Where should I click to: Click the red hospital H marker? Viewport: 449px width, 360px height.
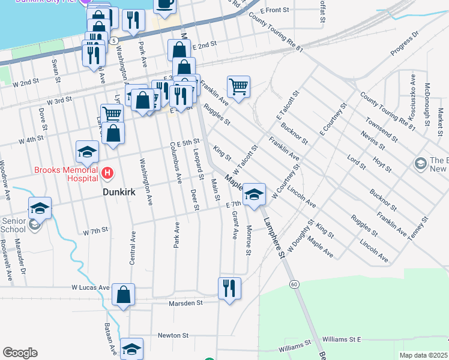[107, 174]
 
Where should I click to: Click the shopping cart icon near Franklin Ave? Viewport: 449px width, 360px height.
[238, 87]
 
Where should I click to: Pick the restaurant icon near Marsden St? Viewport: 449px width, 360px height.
[229, 288]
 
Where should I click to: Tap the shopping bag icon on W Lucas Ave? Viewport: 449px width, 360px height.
[123, 295]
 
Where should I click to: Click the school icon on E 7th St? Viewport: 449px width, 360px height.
[254, 194]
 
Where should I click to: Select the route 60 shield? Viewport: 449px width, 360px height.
[294, 283]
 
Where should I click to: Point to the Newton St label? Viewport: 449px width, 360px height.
[173, 335]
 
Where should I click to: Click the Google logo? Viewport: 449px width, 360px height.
[20, 353]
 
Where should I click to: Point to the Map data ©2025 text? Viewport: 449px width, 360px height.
[423, 355]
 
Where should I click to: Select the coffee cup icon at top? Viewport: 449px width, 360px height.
[164, 4]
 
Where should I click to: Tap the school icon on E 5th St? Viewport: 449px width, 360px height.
[87, 152]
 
